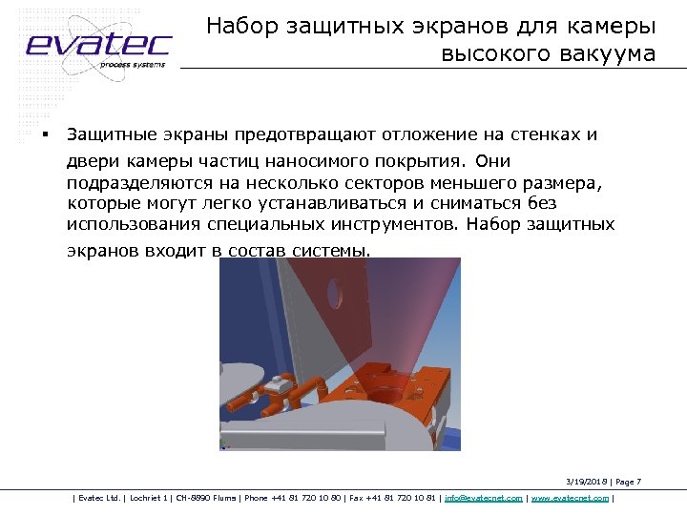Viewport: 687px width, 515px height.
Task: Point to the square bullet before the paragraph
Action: pyautogui.click(x=44, y=134)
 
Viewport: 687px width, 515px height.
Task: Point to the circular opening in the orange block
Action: pyautogui.click(x=388, y=391)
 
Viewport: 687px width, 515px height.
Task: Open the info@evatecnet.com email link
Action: pyautogui.click(x=484, y=498)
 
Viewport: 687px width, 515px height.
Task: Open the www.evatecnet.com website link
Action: pyautogui.click(x=570, y=498)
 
